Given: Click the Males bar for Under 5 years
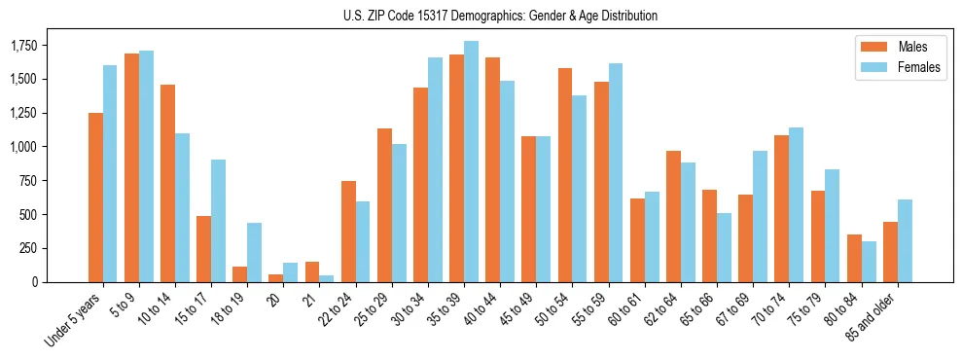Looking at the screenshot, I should click(95, 198).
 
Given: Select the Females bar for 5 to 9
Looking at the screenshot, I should click(146, 166).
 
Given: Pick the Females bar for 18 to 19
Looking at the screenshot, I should click(254, 252).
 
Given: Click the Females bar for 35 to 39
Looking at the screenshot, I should click(471, 162).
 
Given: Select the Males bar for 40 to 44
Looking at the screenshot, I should click(492, 169).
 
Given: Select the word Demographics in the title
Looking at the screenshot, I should click(491, 16).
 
